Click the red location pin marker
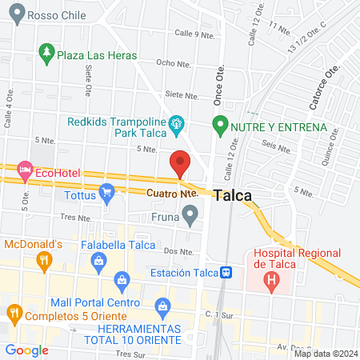180,163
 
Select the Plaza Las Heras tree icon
46,55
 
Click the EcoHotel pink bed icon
26,170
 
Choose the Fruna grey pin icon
190,214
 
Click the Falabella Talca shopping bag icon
98,260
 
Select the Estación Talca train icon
228,273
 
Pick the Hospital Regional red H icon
273,281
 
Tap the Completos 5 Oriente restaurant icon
13,311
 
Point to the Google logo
26,350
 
